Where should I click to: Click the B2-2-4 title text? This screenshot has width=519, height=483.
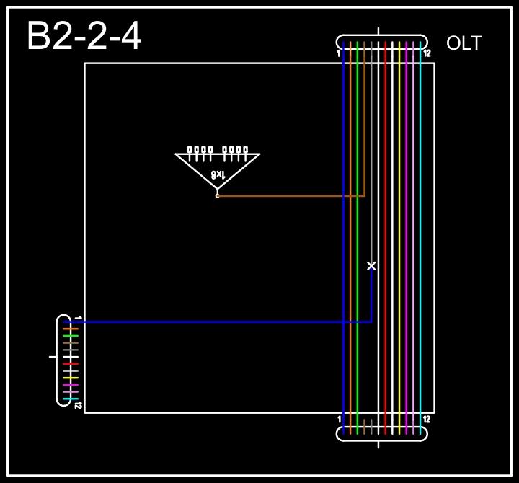pyautogui.click(x=84, y=37)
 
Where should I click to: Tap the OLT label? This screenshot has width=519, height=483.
pyautogui.click(x=463, y=43)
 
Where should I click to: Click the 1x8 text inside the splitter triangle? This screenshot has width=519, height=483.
pyautogui.click(x=218, y=174)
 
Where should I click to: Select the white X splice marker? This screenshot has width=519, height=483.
pyautogui.click(x=371, y=266)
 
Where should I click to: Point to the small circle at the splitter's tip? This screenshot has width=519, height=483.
pyautogui.click(x=217, y=195)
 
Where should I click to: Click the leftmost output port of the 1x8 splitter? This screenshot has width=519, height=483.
pyautogui.click(x=190, y=150)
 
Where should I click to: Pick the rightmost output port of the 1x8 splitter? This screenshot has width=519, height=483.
pyautogui.click(x=245, y=150)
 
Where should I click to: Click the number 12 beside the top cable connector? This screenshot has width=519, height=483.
pyautogui.click(x=427, y=53)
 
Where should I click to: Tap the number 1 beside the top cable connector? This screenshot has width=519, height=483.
pyautogui.click(x=338, y=53)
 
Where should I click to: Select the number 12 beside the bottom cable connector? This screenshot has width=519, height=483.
pyautogui.click(x=427, y=420)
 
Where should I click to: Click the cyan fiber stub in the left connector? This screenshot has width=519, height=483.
pyautogui.click(x=70, y=399)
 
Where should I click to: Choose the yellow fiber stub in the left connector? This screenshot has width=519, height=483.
pyautogui.click(x=70, y=378)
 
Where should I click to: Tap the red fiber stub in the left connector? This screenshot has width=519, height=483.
pyautogui.click(x=70, y=363)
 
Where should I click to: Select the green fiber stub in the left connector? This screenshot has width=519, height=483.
pyautogui.click(x=70, y=336)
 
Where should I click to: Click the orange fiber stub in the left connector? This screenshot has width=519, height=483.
pyautogui.click(x=70, y=329)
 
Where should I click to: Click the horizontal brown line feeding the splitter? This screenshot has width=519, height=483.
pyautogui.click(x=288, y=195)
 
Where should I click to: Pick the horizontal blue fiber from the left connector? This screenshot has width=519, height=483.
pyautogui.click(x=216, y=322)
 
